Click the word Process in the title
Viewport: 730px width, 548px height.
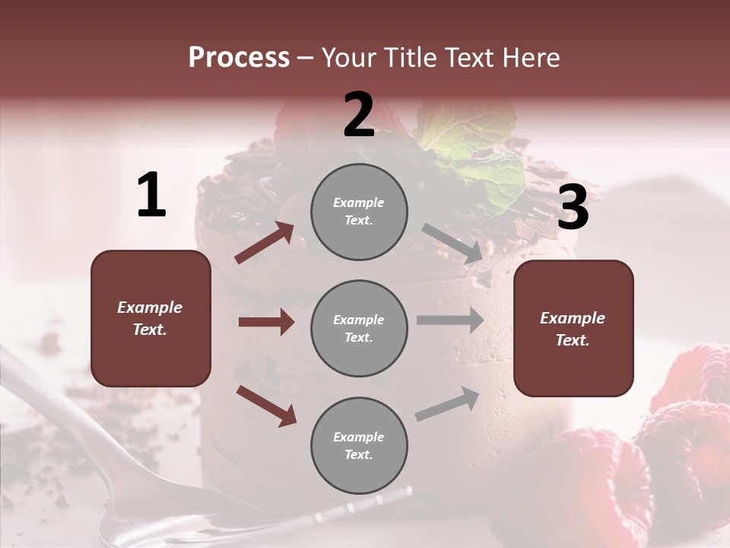pos(239,58)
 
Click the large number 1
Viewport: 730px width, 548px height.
pos(151,196)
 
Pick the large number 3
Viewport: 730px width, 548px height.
pos(573,208)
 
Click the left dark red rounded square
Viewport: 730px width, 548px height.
pos(151,318)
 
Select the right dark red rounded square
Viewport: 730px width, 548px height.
pos(573,329)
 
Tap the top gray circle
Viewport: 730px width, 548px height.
pos(359,212)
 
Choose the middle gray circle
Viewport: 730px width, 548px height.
pos(359,329)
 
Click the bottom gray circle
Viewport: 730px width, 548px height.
pos(359,446)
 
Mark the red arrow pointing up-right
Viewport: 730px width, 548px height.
pos(265,243)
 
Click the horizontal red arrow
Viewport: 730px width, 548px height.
pos(266,322)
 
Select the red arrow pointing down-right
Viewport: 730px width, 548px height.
pos(266,405)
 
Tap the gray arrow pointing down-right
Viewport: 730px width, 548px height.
pos(452,244)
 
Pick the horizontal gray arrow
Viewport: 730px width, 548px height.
pos(450,320)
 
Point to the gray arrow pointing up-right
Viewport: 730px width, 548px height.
pos(448,404)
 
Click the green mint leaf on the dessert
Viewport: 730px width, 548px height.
pos(471,152)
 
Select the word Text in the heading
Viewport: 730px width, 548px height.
pos(463,58)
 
